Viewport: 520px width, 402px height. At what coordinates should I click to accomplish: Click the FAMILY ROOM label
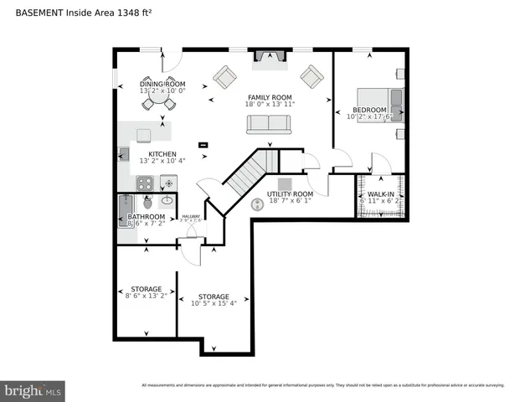[269, 97]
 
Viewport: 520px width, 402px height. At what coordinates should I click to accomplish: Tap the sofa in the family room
[268, 124]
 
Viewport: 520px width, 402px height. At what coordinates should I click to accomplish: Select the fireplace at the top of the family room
[268, 57]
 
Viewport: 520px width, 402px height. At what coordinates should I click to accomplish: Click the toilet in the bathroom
[148, 202]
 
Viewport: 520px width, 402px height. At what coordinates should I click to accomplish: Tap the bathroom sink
[167, 200]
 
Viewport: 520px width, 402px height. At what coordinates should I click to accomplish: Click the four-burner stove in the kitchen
[145, 183]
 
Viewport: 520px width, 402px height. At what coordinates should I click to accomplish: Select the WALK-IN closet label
[381, 194]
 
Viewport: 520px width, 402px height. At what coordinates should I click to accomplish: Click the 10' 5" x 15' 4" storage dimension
[214, 304]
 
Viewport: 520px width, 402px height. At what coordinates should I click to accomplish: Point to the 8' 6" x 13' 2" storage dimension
[146, 296]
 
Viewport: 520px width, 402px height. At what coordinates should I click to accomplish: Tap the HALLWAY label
[192, 215]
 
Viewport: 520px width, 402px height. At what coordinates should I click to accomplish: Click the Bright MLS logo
[33, 390]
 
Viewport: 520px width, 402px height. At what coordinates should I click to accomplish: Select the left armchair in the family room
[224, 77]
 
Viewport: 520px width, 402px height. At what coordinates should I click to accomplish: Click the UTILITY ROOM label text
[289, 193]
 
